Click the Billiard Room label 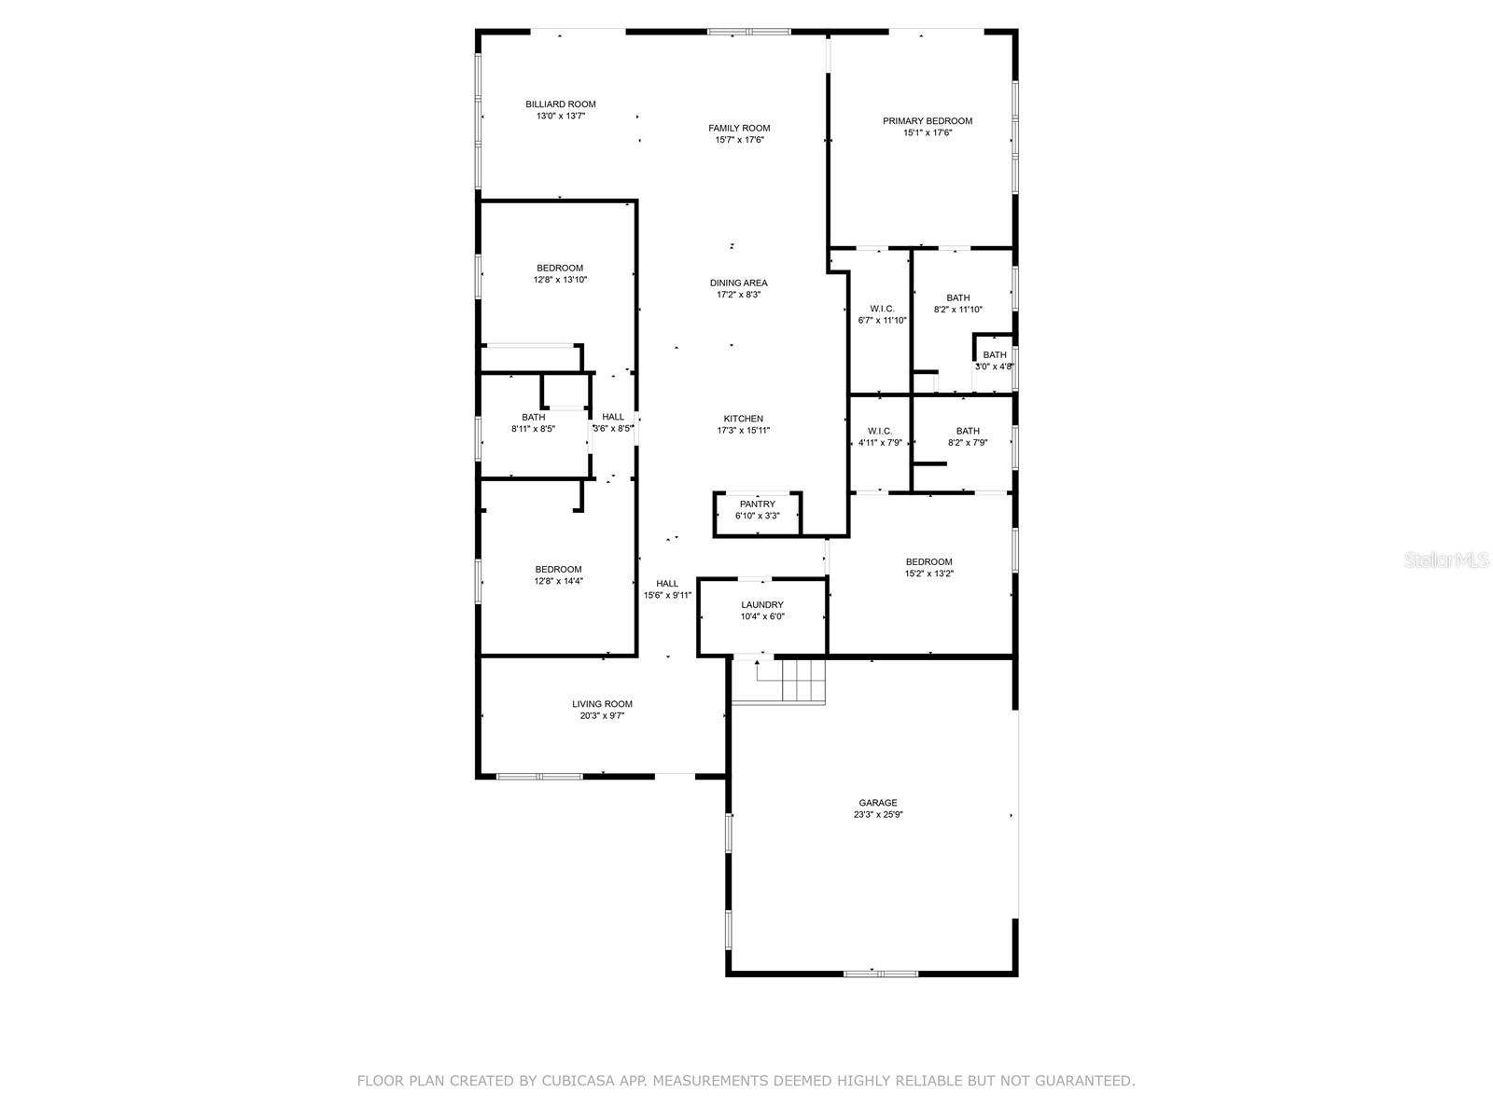pyautogui.click(x=561, y=104)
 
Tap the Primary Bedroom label pyautogui.click(x=928, y=121)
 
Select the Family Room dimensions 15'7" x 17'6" pyautogui.click(x=739, y=140)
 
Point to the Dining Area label pyautogui.click(x=739, y=283)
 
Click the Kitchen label pyautogui.click(x=744, y=419)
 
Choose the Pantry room pyautogui.click(x=757, y=514)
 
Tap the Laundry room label pyautogui.click(x=762, y=604)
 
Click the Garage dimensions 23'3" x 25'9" pyautogui.click(x=878, y=815)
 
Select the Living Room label pyautogui.click(x=602, y=704)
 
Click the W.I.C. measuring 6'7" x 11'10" pyautogui.click(x=882, y=314)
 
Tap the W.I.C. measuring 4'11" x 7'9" pyautogui.click(x=880, y=436)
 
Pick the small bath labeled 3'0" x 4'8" pyautogui.click(x=995, y=361)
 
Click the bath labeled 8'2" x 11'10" pyautogui.click(x=957, y=304)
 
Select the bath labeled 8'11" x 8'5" pyautogui.click(x=533, y=423)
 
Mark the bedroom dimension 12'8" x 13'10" pyautogui.click(x=560, y=280)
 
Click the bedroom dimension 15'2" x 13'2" pyautogui.click(x=929, y=573)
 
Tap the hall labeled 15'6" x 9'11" pyautogui.click(x=667, y=589)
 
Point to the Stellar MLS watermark pyautogui.click(x=1446, y=560)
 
